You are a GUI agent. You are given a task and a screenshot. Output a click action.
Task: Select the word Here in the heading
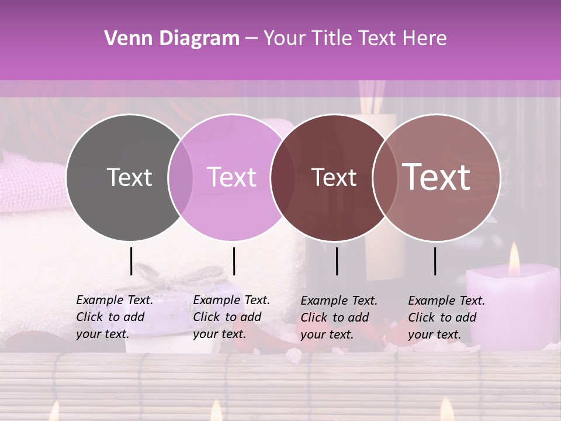(426, 39)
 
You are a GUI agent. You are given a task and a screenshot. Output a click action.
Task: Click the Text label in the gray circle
(129, 177)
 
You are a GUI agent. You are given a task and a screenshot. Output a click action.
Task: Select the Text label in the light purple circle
(231, 177)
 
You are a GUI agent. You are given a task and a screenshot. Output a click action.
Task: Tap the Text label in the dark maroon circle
(334, 177)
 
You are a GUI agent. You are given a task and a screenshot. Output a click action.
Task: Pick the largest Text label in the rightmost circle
(437, 177)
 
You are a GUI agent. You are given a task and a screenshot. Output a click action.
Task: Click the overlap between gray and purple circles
(181, 177)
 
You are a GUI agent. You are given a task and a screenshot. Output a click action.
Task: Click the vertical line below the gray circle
(131, 261)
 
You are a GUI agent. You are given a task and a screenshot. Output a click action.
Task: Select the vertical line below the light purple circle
(234, 261)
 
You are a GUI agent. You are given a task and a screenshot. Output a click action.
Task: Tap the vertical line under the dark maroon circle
(337, 261)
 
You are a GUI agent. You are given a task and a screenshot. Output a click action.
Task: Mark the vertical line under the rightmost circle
(435, 261)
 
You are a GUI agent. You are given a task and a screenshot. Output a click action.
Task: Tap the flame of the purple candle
(514, 261)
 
